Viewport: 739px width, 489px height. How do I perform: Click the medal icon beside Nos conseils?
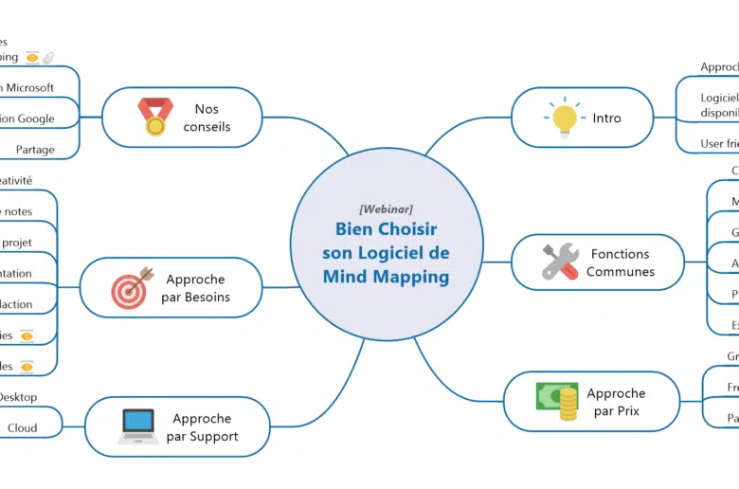155,117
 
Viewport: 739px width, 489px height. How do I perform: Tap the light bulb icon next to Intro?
564,118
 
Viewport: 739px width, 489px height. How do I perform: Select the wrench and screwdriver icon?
560,262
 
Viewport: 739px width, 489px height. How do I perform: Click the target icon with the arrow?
132,287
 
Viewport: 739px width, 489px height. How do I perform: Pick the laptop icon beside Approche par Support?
138,426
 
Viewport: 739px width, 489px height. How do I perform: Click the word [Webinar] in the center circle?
386,209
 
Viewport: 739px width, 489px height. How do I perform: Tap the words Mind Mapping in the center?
386,277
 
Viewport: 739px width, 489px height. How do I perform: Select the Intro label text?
607,118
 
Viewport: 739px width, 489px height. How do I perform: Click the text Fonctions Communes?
621,263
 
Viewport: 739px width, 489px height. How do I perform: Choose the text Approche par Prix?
617,402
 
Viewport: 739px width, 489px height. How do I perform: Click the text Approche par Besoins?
196,288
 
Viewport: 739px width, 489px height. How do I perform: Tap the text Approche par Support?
202,427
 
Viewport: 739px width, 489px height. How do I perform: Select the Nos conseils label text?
207,118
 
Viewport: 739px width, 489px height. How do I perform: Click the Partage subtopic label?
35,150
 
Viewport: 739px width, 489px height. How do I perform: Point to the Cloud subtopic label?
23,428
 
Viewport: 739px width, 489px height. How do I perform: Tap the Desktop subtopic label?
18,397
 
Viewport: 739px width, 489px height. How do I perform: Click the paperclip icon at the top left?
48,58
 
